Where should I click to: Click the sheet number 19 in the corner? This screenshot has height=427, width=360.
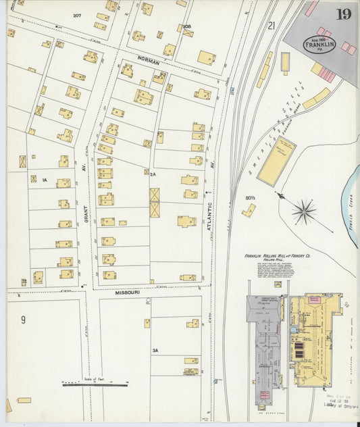343,14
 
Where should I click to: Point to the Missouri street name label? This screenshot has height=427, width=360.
127,293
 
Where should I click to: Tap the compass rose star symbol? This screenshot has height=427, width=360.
304,211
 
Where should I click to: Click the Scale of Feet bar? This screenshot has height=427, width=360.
95,384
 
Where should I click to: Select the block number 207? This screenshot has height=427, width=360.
77,15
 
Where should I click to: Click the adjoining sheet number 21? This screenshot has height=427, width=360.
272,26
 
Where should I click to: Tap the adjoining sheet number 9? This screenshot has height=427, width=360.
23,320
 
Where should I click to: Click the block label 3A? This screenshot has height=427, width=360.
155,351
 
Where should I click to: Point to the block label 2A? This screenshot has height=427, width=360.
153,174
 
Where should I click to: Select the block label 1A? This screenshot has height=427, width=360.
44,180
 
